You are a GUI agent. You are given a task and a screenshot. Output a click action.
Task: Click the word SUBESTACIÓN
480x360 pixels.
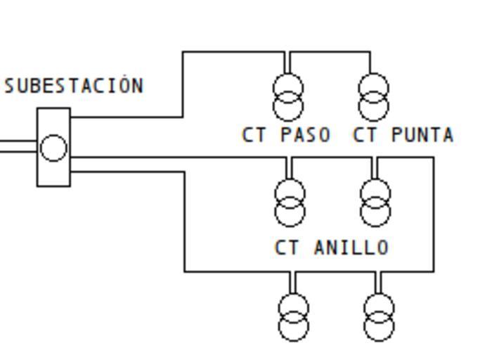(x=74, y=86)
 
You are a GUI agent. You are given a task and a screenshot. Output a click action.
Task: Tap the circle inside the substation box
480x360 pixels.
(x=53, y=148)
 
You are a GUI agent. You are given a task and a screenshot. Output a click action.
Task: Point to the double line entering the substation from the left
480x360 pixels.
(x=18, y=147)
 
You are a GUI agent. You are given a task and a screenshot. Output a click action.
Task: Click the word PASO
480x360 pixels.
(x=306, y=135)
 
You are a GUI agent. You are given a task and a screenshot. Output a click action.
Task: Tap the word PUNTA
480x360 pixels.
(x=422, y=135)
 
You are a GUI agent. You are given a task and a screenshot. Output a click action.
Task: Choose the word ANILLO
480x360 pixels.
(x=351, y=247)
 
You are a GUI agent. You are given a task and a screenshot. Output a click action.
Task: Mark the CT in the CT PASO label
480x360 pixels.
(x=253, y=135)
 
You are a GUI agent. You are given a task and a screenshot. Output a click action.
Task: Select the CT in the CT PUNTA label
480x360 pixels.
(x=364, y=135)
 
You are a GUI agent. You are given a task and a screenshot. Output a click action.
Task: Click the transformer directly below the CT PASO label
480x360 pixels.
(x=289, y=202)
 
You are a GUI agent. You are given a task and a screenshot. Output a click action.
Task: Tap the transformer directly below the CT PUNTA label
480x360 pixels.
(x=375, y=202)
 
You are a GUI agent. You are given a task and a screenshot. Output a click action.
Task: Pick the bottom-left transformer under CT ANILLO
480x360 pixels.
(x=293, y=317)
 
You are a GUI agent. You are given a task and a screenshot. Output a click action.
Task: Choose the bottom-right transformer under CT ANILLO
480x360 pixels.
(x=379, y=317)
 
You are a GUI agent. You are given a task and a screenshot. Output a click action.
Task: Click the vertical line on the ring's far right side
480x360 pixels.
(x=433, y=214)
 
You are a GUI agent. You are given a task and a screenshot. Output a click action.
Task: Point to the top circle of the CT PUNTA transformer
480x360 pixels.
(x=374, y=88)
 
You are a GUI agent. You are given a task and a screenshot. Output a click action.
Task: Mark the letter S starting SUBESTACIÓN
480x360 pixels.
(x=10, y=86)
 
